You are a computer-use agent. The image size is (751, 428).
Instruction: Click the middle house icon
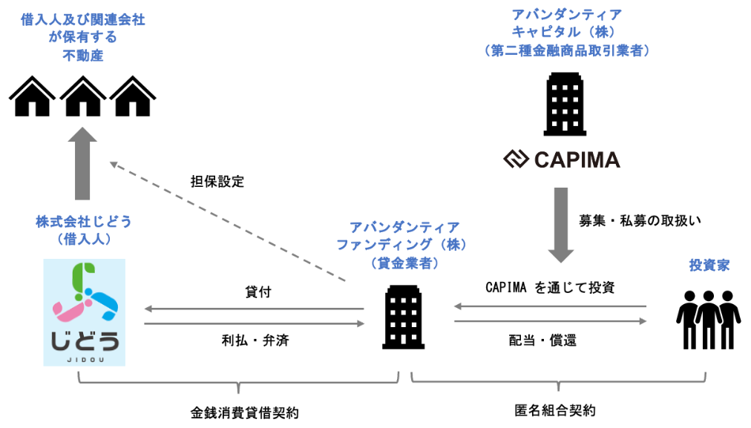coord(83,96)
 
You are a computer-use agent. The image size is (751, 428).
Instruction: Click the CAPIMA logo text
coord(577,160)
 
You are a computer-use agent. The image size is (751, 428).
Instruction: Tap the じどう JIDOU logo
coord(85,312)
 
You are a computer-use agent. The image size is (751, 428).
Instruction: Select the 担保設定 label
coord(217,182)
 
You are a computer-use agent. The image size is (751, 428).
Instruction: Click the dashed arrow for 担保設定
coord(228,221)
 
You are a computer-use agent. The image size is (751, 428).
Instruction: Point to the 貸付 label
coord(258,292)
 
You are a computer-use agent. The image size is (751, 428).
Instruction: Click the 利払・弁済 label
coord(255,340)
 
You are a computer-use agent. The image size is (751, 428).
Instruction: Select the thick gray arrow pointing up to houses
coord(82,163)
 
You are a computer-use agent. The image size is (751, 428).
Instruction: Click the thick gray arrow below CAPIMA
coord(561,225)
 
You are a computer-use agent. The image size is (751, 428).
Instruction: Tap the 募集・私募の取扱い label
coord(640,221)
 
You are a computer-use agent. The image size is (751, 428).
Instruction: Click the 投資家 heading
coord(709,266)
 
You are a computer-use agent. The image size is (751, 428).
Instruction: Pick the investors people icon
coord(709,319)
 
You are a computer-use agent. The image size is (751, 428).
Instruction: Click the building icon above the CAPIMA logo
coord(565,104)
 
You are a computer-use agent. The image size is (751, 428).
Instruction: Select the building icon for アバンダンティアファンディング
coord(403,317)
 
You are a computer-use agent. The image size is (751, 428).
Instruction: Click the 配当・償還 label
coord(542,340)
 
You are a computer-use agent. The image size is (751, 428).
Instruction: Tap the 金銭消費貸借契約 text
coord(245,412)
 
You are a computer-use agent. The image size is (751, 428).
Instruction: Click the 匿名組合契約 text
coord(555,410)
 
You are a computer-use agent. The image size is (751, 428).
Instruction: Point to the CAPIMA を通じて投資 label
coord(551,287)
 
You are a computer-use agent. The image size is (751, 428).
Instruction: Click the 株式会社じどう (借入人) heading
coord(83,230)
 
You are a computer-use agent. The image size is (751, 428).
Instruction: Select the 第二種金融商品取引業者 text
coord(567,50)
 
